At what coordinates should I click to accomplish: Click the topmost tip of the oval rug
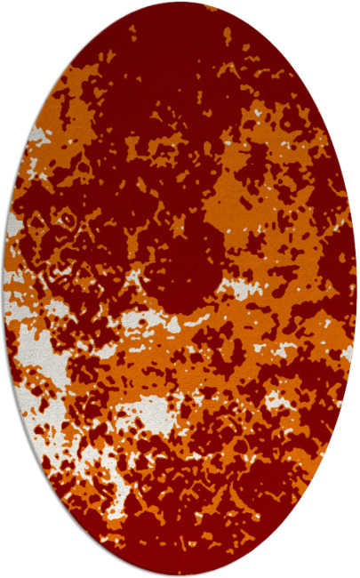click(x=180, y=4)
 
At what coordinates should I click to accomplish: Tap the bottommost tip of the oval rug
click(x=180, y=574)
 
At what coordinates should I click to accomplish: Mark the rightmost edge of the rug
click(x=356, y=289)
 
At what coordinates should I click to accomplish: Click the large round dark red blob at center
click(x=187, y=267)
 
